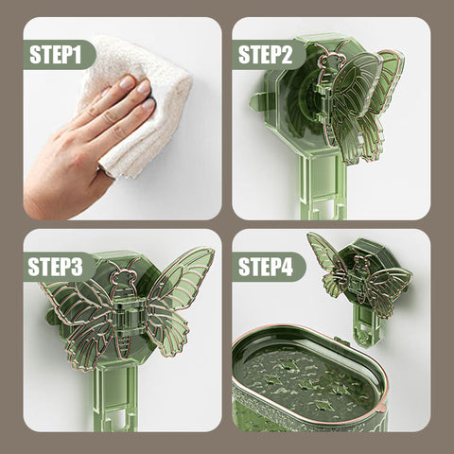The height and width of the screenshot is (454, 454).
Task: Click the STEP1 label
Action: point(56,55)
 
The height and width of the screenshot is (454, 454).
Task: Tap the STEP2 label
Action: point(265,55)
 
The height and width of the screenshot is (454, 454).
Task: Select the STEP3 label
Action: point(55,267)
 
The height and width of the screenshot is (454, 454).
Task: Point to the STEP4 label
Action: point(266,267)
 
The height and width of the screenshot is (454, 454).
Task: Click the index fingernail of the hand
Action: point(127,82)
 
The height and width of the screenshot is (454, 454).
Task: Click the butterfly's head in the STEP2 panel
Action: point(329,60)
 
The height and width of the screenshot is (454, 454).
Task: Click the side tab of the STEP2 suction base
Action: point(258,101)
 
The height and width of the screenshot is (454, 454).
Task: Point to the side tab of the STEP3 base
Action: point(52,317)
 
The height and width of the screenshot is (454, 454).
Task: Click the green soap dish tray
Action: point(309,378)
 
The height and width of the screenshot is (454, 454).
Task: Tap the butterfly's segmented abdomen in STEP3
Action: point(123,342)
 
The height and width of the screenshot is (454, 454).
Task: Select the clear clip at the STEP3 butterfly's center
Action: point(126,313)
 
